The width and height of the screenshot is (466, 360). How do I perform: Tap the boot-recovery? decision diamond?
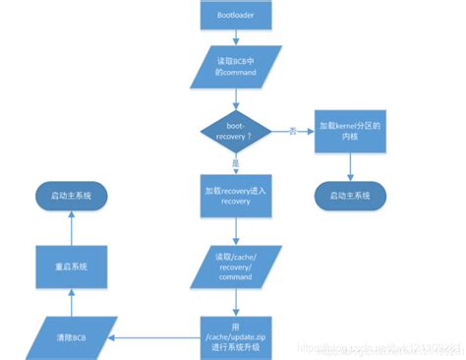236,131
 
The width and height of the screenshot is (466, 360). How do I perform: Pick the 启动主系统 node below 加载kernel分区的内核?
348,196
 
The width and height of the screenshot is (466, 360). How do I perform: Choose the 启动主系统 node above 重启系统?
71,196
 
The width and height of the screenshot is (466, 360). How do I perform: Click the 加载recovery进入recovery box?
236,195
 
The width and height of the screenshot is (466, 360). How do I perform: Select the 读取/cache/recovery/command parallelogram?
236,265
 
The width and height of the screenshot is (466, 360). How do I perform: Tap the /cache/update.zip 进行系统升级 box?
236,336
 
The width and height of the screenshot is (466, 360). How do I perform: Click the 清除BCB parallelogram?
72,336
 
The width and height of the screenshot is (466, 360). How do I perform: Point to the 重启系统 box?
71,265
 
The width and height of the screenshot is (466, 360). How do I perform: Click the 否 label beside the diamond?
292,131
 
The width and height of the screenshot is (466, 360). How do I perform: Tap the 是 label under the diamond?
235,164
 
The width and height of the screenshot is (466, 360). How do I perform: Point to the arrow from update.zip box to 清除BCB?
157,336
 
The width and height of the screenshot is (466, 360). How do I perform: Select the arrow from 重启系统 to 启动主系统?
71,226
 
